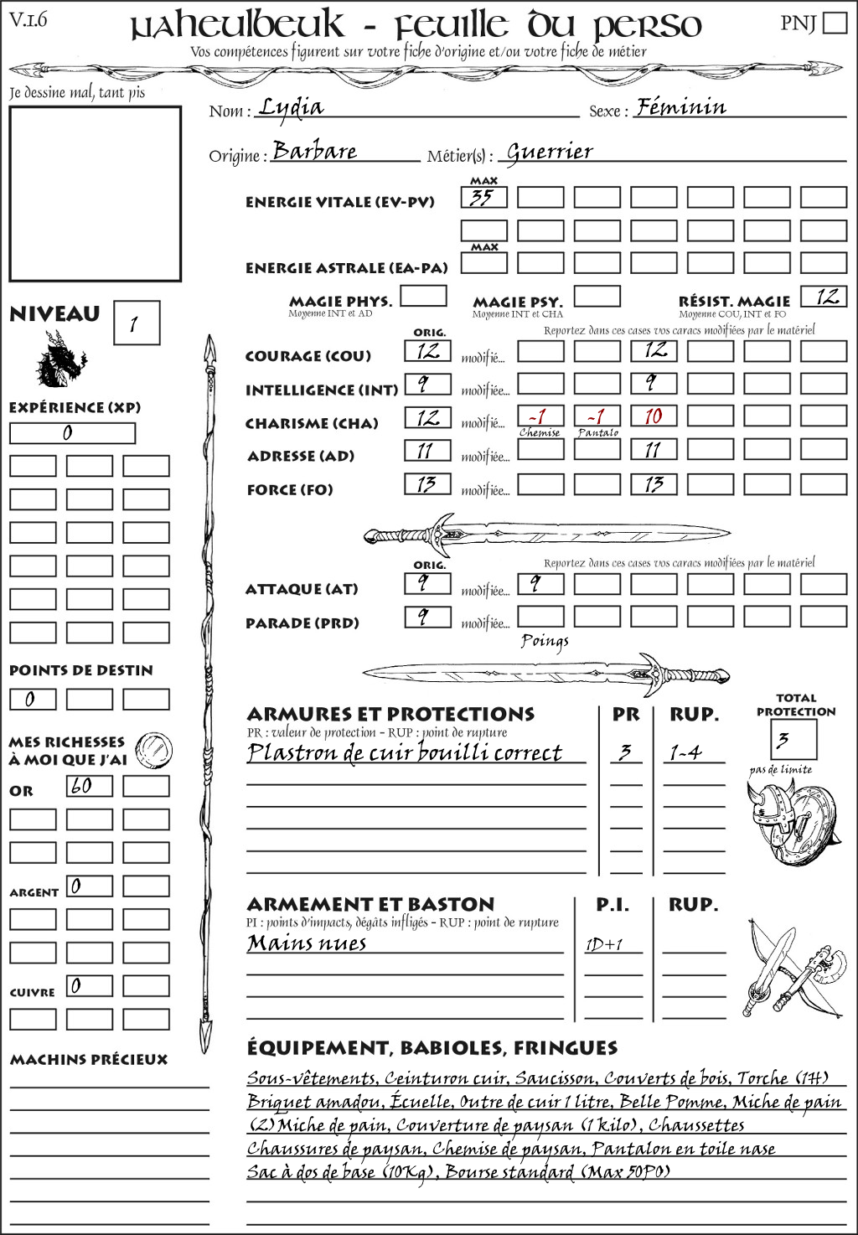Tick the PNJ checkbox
pyautogui.click(x=835, y=23)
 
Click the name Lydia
pyautogui.click(x=291, y=106)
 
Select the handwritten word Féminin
pyautogui.click(x=681, y=106)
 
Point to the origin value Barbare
pyautogui.click(x=315, y=151)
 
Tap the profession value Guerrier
pyautogui.click(x=550, y=152)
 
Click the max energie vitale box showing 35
pyautogui.click(x=483, y=198)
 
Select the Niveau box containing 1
pyautogui.click(x=136, y=323)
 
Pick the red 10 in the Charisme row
pyautogui.click(x=654, y=416)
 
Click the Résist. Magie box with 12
pyautogui.click(x=823, y=297)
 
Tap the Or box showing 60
pyautogui.click(x=89, y=786)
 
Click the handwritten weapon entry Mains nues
pyautogui.click(x=307, y=943)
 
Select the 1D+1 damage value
pyautogui.click(x=603, y=944)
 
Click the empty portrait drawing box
pyautogui.click(x=95, y=194)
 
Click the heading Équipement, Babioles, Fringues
pyautogui.click(x=432, y=1047)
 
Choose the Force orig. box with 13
pyautogui.click(x=427, y=483)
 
